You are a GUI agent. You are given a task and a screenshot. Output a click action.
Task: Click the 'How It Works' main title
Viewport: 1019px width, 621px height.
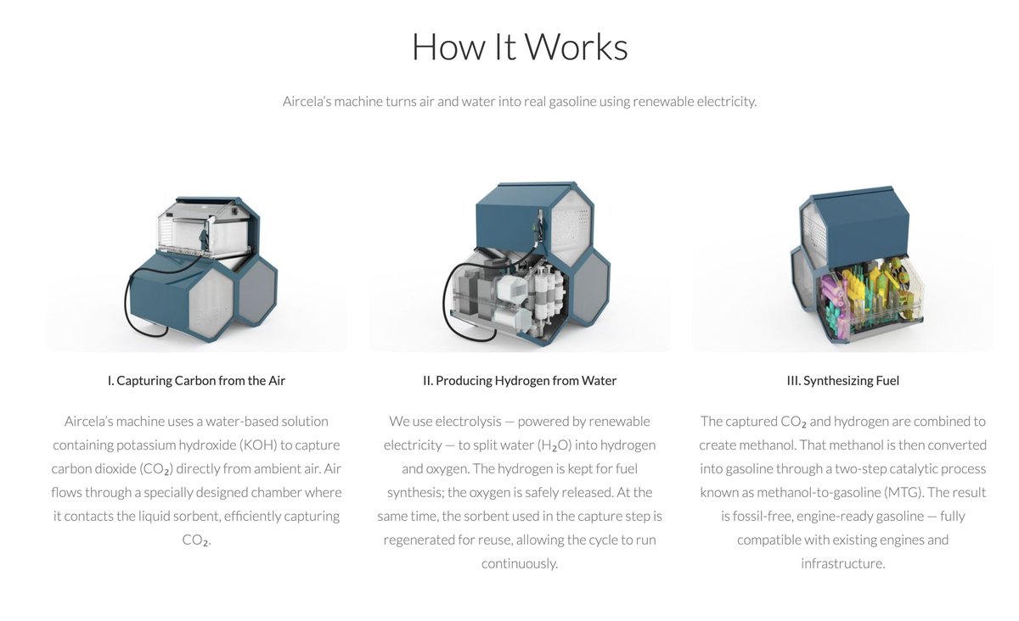click(520, 47)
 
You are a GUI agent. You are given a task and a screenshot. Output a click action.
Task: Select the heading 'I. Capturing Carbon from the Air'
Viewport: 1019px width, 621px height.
click(196, 381)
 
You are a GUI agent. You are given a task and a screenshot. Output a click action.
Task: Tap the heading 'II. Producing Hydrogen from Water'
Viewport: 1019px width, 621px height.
click(520, 381)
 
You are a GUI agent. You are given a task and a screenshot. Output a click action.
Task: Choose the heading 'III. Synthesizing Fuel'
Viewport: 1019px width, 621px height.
click(843, 381)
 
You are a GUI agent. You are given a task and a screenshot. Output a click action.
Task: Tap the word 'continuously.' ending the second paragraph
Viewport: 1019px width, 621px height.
click(520, 563)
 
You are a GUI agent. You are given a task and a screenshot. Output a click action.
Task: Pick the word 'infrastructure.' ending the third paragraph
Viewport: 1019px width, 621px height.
click(843, 563)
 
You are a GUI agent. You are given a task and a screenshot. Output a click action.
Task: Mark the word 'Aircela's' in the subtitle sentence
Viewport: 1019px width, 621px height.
click(307, 101)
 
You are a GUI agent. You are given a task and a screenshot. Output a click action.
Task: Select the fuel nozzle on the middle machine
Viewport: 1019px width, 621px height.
click(538, 230)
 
